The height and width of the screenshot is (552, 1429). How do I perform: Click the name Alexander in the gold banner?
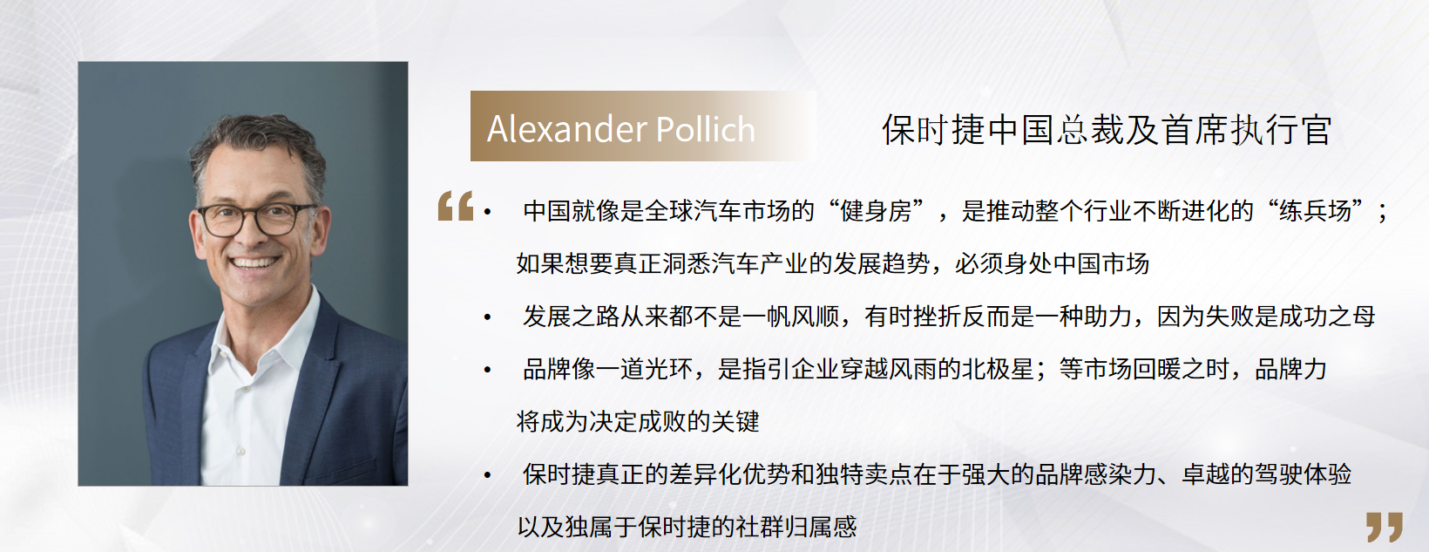tap(566, 129)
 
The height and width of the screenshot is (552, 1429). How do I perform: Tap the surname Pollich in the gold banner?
tap(706, 129)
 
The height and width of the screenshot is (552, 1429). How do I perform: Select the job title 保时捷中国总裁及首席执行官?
tap(1107, 130)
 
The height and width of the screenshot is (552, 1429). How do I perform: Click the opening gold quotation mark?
tap(456, 206)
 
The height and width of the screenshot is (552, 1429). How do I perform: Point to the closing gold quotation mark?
tap(1385, 527)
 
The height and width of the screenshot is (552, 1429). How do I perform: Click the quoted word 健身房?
tap(877, 210)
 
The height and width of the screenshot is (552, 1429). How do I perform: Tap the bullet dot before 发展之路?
tap(488, 317)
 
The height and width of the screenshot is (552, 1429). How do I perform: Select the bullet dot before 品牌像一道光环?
tap(488, 370)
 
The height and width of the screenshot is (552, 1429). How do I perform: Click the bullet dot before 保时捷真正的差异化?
tap(488, 474)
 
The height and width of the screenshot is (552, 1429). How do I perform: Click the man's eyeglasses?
tap(256, 219)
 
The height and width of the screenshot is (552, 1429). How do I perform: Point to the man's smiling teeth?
tap(254, 262)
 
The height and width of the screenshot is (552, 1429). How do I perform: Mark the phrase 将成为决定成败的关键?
tap(638, 422)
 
